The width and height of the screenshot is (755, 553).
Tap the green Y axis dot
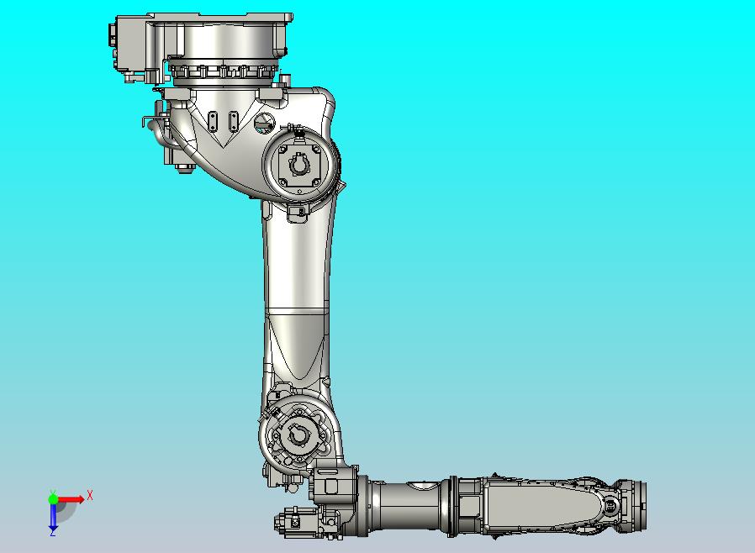pos(53,499)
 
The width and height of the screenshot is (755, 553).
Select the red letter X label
pos(89,495)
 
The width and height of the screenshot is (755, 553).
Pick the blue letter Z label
pos(52,532)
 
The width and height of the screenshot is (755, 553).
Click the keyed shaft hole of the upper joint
pos(300,166)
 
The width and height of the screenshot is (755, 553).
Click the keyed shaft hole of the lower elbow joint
pos(298,434)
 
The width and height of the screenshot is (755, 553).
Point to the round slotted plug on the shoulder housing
pos(264,124)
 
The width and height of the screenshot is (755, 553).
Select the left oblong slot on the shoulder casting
pos(212,119)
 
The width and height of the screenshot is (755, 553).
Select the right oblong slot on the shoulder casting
pos(231,119)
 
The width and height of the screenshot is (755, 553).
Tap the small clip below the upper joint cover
pos(296,214)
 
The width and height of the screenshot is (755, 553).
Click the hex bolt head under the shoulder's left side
pos(185,170)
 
